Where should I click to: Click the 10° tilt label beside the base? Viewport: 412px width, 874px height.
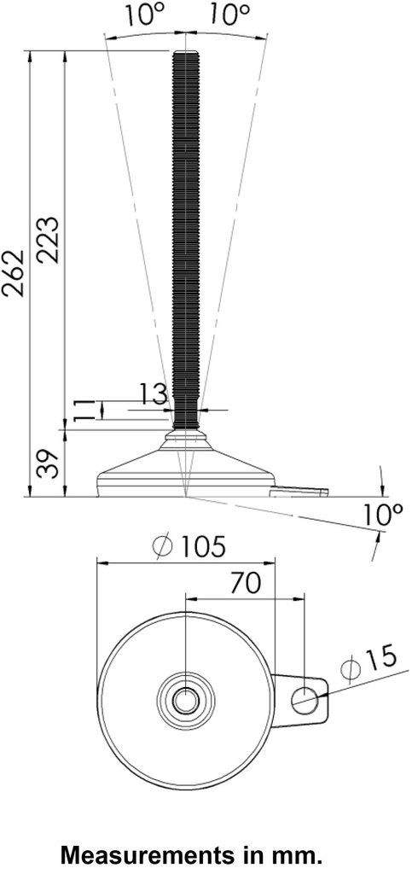click(381, 515)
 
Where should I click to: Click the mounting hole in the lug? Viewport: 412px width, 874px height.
click(304, 701)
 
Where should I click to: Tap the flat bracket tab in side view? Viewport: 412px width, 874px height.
click(299, 491)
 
